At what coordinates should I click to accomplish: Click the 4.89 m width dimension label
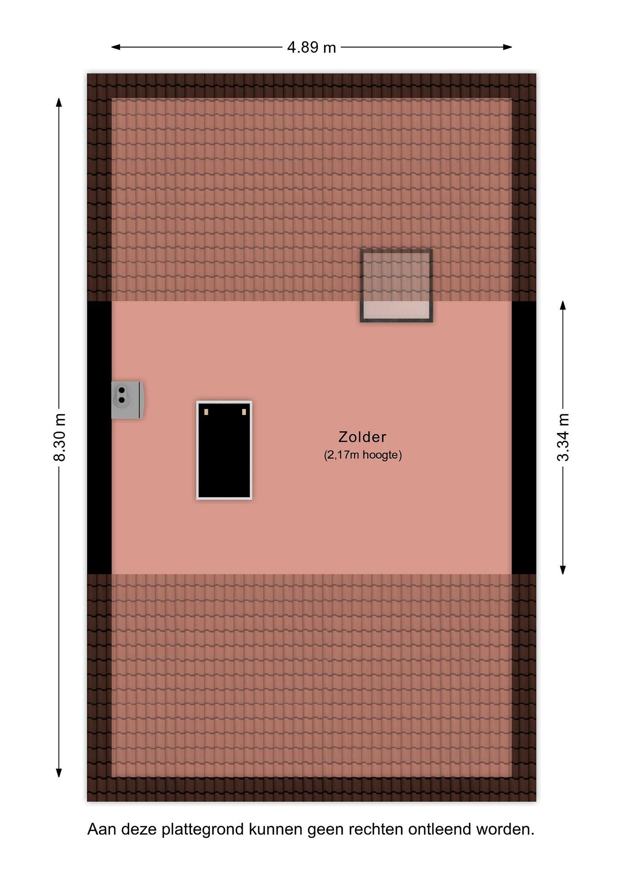tap(311, 48)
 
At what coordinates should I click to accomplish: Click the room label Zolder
tap(362, 437)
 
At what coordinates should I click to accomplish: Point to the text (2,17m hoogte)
tap(363, 455)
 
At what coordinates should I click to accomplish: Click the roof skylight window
tap(396, 286)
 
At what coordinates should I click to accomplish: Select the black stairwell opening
tap(224, 450)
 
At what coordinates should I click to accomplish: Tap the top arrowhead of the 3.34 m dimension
tap(563, 305)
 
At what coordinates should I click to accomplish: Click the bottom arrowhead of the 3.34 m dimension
tap(563, 570)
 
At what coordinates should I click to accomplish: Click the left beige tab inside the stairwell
tap(206, 412)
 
